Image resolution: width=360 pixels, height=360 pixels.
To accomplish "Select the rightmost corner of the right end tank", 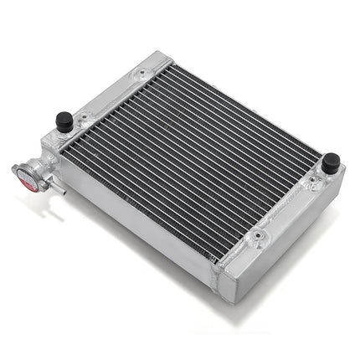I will click(x=343, y=172).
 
